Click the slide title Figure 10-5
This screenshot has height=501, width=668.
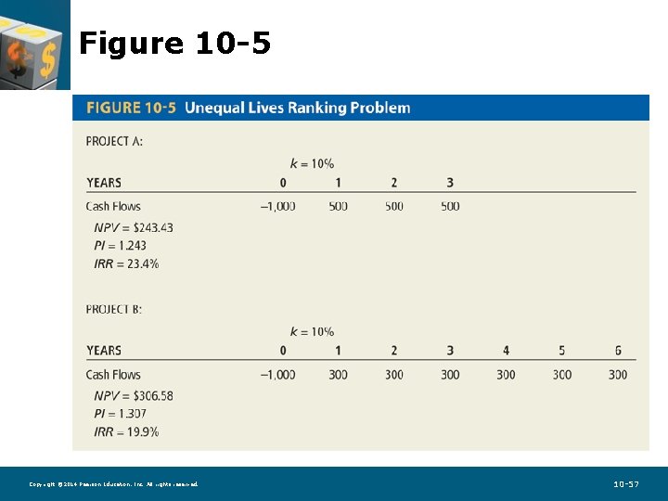pyautogui.click(x=174, y=43)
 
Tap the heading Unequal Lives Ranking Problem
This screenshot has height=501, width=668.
pyautogui.click(x=297, y=108)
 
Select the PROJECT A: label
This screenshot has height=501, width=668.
pyautogui.click(x=114, y=141)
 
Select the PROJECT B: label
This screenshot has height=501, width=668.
pyautogui.click(x=114, y=309)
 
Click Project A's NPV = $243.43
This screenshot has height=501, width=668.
pyautogui.click(x=134, y=227)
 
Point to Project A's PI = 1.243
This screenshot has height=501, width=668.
pyautogui.click(x=120, y=246)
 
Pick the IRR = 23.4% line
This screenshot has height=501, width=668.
pyautogui.click(x=126, y=263)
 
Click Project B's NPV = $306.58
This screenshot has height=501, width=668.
pyautogui.click(x=134, y=395)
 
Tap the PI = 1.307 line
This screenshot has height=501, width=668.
pyautogui.click(x=120, y=414)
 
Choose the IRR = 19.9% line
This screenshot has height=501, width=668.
pyautogui.click(x=126, y=431)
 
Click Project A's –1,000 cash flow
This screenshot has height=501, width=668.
pyautogui.click(x=277, y=206)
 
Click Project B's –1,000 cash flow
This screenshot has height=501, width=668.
pyautogui.click(x=277, y=375)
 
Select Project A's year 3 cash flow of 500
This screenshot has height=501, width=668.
pyautogui.click(x=450, y=206)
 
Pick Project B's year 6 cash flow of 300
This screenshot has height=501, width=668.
pyautogui.click(x=618, y=375)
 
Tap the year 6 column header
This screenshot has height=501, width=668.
pyautogui.click(x=618, y=351)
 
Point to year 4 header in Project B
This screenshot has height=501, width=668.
pyautogui.click(x=506, y=351)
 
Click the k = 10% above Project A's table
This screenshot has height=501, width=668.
pyautogui.click(x=312, y=163)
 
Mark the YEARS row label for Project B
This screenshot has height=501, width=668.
pyautogui.click(x=104, y=351)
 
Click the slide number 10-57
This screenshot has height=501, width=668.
pyautogui.click(x=626, y=484)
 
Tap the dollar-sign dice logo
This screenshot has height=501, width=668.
pyautogui.click(x=33, y=45)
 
